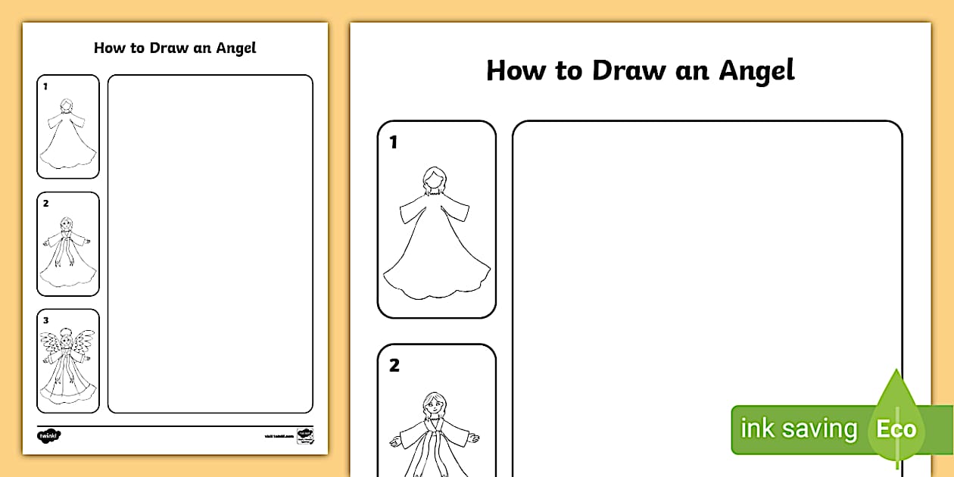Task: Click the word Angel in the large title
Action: (x=756, y=71)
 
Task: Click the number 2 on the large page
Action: (x=394, y=365)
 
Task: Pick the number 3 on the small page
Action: (x=45, y=320)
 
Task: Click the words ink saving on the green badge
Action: (x=798, y=429)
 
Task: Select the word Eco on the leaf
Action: (x=896, y=429)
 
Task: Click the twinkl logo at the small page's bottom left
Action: (x=48, y=435)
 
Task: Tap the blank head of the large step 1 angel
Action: (x=434, y=179)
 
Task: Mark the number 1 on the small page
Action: (x=45, y=86)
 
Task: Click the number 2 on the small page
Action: (x=45, y=203)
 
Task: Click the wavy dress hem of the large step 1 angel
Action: (x=436, y=291)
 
